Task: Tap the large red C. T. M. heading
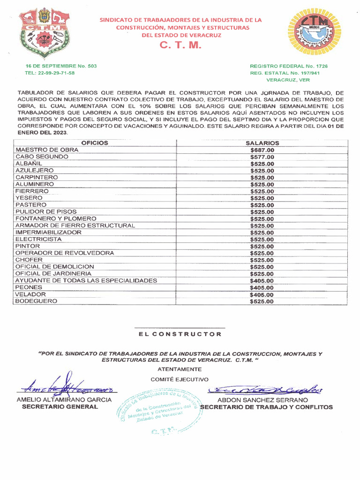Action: click(x=180, y=45)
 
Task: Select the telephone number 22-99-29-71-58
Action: click(x=49, y=73)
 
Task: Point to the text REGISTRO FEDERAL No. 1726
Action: click(x=289, y=66)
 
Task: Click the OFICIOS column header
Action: click(x=95, y=143)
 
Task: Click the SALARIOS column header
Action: click(x=262, y=143)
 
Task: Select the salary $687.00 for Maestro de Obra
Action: click(x=262, y=150)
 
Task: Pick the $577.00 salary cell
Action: click(x=262, y=157)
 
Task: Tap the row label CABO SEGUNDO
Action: click(x=42, y=157)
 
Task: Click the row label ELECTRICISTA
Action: click(x=38, y=239)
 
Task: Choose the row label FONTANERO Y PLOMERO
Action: click(x=56, y=218)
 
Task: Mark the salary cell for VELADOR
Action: click(x=262, y=295)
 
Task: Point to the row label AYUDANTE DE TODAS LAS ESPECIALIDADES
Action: click(x=86, y=280)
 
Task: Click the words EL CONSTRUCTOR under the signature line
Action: click(x=180, y=334)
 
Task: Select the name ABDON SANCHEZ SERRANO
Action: click(x=262, y=400)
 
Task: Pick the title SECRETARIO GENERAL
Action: click(x=60, y=407)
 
